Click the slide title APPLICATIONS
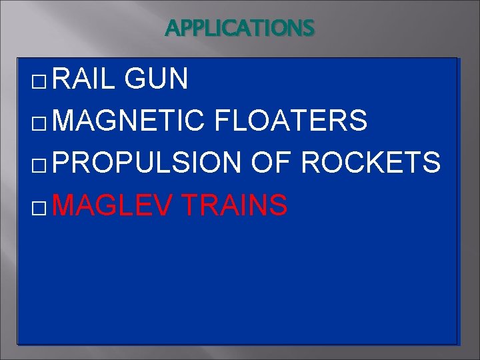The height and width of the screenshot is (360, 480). (239, 29)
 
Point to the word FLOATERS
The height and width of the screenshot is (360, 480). (291, 121)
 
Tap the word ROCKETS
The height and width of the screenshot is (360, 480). (371, 162)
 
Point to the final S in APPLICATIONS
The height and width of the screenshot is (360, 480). (308, 29)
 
